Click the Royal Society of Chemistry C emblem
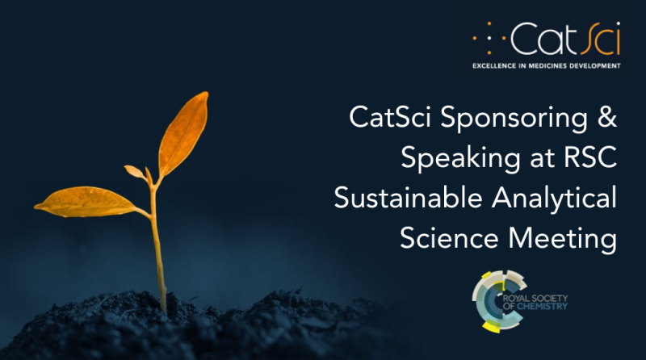494,300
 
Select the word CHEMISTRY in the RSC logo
547,307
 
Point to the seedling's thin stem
158,250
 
